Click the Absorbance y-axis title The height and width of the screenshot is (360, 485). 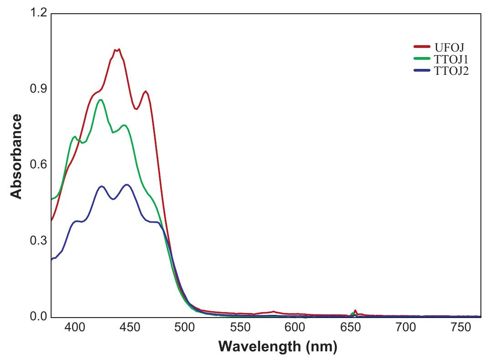coord(16,157)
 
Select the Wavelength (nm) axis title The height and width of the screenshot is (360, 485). coord(278,347)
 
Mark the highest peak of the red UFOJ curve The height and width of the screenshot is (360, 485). coord(118,49)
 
